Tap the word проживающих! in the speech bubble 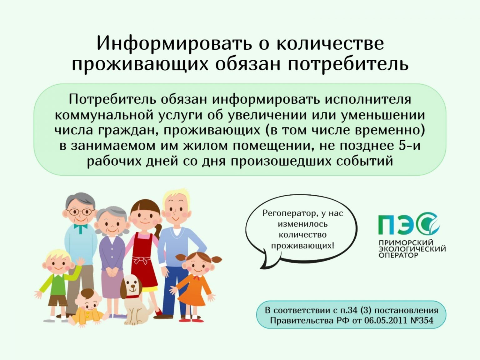pyautogui.click(x=302, y=246)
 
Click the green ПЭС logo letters pyautogui.click(x=409, y=224)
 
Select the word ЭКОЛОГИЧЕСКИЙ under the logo pyautogui.click(x=412, y=249)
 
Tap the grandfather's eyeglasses pyautogui.click(x=81, y=212)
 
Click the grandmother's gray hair pyautogui.click(x=112, y=213)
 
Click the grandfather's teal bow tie pyautogui.click(x=81, y=227)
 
